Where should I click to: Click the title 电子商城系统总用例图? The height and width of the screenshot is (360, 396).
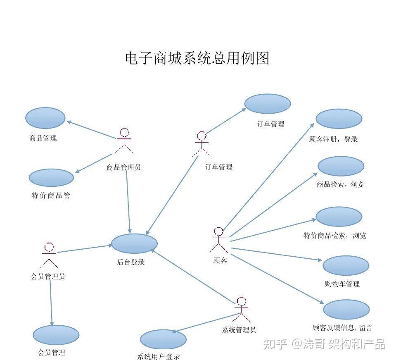coord(197,58)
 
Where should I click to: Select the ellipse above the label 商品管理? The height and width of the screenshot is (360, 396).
coord(45,118)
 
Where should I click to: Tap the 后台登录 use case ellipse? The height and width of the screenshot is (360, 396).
coord(134,243)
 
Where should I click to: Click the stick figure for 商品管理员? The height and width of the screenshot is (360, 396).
coord(124,142)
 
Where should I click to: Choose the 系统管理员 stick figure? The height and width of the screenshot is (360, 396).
coord(242,310)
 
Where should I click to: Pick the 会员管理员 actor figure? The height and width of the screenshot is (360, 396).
coord(49,255)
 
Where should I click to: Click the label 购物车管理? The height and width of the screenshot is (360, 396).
coord(342,284)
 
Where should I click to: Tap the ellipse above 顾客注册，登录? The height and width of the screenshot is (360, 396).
coord(339,119)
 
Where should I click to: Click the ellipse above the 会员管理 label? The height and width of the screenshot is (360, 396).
coord(56,335)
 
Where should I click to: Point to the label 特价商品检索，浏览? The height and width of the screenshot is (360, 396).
coord(334,236)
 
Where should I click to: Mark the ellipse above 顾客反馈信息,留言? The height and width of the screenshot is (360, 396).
coord(346,310)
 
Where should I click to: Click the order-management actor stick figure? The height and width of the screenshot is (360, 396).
coord(202,144)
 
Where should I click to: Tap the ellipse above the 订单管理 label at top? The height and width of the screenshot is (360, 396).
coord(267,104)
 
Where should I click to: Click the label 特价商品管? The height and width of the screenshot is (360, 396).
coord(51,195)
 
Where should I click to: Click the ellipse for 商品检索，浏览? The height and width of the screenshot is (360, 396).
coord(341,166)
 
